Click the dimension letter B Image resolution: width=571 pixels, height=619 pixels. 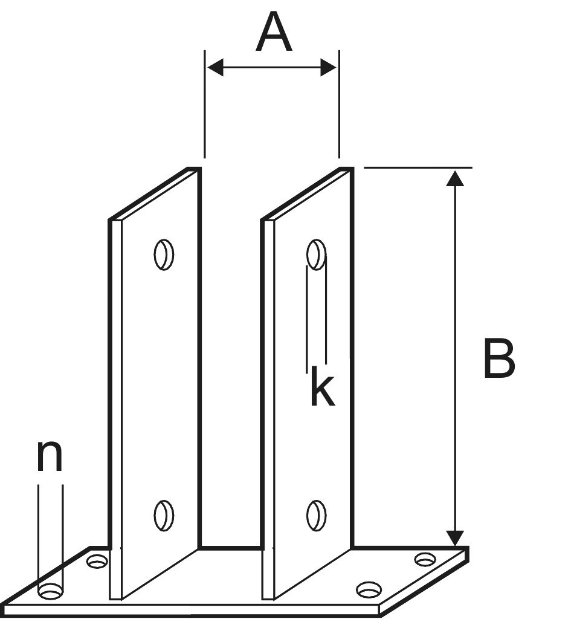click(x=499, y=359)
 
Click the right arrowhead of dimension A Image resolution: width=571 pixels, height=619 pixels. click(x=329, y=68)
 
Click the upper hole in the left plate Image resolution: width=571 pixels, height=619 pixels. click(x=164, y=254)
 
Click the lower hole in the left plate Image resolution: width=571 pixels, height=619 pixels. click(x=164, y=516)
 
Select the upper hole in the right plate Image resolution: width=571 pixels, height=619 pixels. click(x=316, y=254)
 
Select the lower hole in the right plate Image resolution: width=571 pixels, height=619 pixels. click(x=316, y=516)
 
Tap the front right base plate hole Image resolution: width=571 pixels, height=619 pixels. click(x=369, y=589)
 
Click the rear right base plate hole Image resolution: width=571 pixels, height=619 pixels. click(x=425, y=559)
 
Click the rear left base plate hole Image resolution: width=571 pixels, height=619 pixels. click(x=97, y=561)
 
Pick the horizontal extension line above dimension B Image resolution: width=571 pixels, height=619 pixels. click(x=417, y=167)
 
